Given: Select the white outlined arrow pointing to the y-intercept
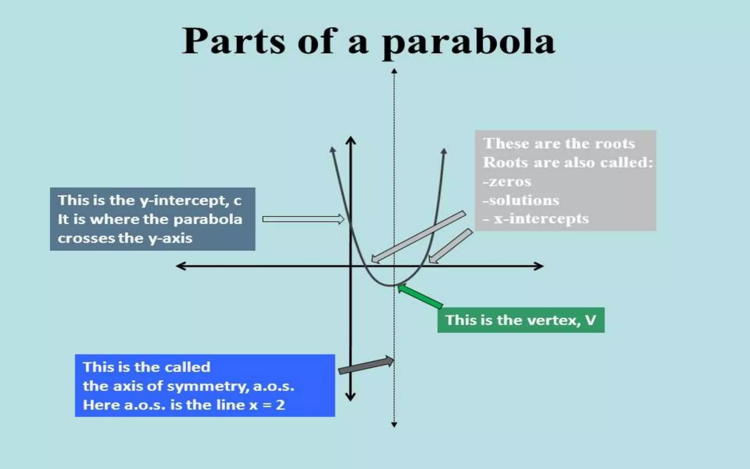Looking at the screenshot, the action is click(x=303, y=219).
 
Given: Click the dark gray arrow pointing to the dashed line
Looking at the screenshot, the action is click(x=365, y=365).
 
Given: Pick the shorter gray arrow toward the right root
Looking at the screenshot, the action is click(x=450, y=245).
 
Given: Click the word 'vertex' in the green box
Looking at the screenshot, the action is click(x=538, y=320).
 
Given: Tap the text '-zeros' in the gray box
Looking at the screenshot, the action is click(x=507, y=181).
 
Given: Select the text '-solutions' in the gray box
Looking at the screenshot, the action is click(x=521, y=200).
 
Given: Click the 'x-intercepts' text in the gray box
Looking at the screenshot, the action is click(x=541, y=219).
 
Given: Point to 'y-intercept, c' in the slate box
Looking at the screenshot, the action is click(x=190, y=200).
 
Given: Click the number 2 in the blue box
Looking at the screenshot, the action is click(x=280, y=405).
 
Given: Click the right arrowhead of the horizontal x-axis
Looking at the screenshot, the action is click(x=539, y=266).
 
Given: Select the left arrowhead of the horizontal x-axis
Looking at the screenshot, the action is click(x=181, y=266).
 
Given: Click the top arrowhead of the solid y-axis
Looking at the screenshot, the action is click(x=350, y=140).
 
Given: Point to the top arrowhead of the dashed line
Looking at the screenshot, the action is click(x=394, y=71).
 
